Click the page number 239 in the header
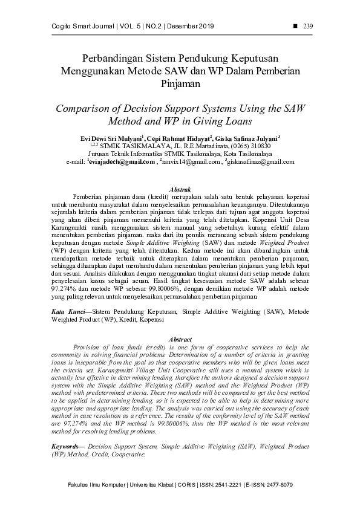click(x=307, y=25)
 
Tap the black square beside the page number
click(x=295, y=25)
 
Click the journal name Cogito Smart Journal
click(x=74, y=25)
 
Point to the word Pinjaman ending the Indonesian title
click(x=180, y=84)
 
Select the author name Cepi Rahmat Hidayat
click(x=179, y=138)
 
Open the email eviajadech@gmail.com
click(x=122, y=163)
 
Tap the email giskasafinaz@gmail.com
click(x=257, y=163)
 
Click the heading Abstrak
click(x=180, y=190)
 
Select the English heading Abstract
click(x=180, y=340)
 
